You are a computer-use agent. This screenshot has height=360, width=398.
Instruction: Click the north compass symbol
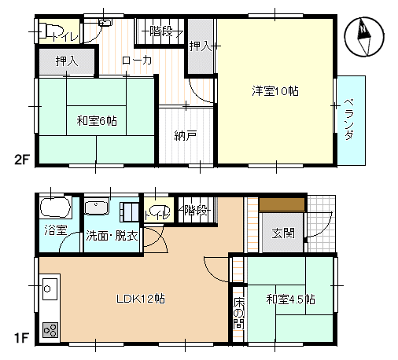click(x=364, y=36)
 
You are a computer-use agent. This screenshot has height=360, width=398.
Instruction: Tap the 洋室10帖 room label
click(x=275, y=91)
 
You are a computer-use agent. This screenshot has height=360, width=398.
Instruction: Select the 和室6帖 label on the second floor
click(x=97, y=121)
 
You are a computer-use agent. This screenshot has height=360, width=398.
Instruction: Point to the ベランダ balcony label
click(x=349, y=119)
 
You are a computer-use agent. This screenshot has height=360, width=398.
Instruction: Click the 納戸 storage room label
click(x=186, y=135)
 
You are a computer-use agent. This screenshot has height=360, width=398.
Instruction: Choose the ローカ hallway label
click(x=137, y=61)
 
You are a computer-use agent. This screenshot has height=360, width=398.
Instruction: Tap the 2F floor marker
click(x=22, y=159)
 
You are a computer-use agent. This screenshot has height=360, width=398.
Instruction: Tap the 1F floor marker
click(x=21, y=338)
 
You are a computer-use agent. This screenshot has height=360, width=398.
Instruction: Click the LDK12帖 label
click(x=141, y=299)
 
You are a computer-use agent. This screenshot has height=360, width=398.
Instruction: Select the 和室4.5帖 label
click(x=290, y=299)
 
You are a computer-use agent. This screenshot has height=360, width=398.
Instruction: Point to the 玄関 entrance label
click(x=283, y=233)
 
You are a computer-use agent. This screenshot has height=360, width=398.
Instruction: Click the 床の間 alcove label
click(x=239, y=313)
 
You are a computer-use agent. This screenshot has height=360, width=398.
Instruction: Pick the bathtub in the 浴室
click(x=55, y=208)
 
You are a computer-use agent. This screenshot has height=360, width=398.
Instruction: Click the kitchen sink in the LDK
click(x=50, y=289)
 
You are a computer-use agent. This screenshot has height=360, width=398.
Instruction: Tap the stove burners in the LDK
click(x=50, y=329)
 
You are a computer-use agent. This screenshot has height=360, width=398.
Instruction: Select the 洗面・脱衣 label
click(x=112, y=236)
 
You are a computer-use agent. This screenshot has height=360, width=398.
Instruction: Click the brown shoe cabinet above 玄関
click(x=282, y=204)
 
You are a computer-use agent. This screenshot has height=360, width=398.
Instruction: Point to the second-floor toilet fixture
click(x=50, y=31)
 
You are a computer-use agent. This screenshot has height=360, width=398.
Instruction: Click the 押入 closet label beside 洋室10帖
click(x=201, y=46)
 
